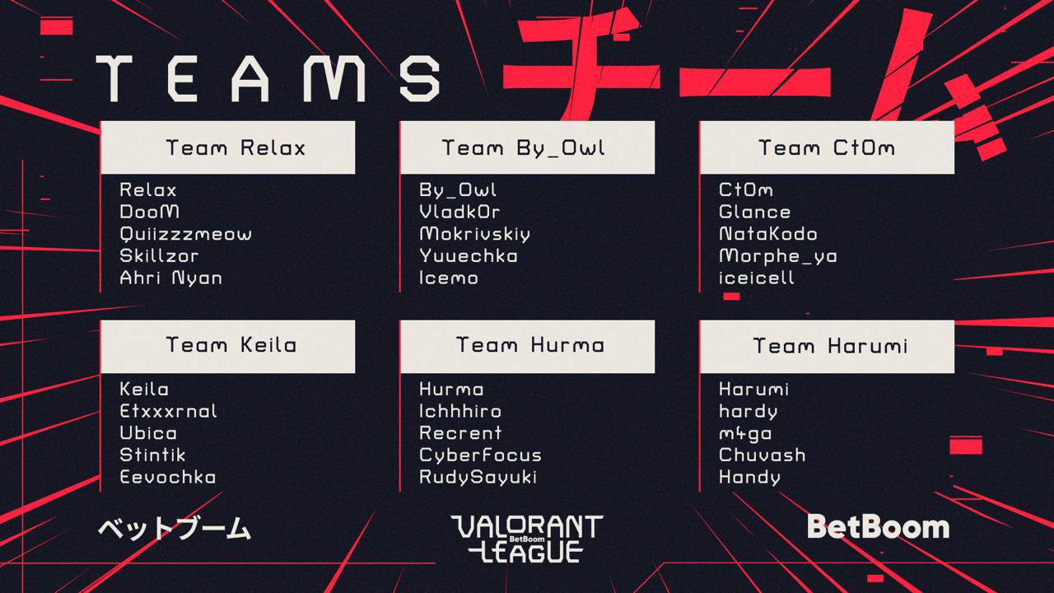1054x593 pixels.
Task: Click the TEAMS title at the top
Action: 268,78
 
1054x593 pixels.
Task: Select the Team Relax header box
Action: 228,147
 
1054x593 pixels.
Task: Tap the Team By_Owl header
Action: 527,147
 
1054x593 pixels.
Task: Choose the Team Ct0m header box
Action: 827,147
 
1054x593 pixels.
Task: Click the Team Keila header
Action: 228,347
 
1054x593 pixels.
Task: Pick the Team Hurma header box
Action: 527,347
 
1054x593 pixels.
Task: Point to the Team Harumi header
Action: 827,347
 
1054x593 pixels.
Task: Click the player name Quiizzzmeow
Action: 186,235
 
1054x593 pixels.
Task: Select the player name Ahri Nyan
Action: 170,278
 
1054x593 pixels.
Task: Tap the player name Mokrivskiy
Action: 475,235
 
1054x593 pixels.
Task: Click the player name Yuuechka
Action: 469,256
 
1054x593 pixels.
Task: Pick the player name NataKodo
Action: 768,235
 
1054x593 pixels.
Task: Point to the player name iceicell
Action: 757,278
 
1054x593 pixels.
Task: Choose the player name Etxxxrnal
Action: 169,411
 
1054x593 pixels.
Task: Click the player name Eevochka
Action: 168,477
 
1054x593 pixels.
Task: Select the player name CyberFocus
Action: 480,455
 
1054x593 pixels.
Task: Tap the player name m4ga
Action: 745,434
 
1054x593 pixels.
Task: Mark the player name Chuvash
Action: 763,455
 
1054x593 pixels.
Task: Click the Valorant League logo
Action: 527,539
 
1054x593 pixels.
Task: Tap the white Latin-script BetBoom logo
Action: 878,527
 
